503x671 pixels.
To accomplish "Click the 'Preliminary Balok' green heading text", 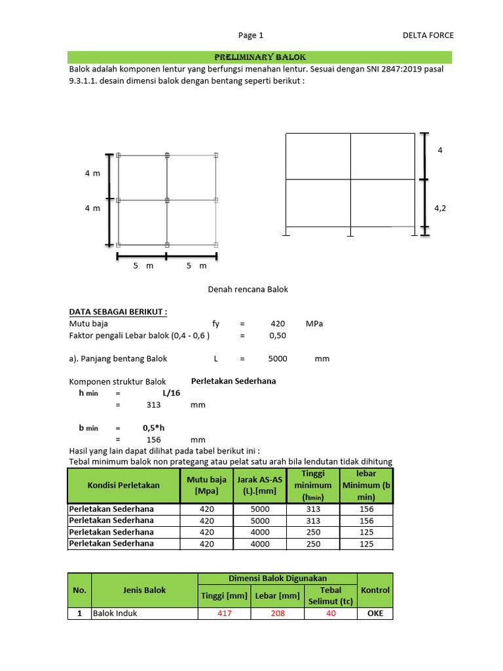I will (x=251, y=57).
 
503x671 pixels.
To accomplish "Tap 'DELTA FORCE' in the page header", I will (x=428, y=35).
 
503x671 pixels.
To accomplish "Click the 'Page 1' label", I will (x=251, y=35).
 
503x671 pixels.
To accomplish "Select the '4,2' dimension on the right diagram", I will (x=440, y=208).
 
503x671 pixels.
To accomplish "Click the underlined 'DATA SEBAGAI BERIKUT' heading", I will (x=118, y=312).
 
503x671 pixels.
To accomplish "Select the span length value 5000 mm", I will (x=279, y=358).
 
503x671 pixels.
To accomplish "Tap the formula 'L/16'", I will (x=172, y=393).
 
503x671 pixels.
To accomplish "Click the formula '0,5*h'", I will (x=154, y=428).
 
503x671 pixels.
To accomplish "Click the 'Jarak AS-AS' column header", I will (x=260, y=486).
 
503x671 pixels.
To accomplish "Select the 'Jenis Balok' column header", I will (x=144, y=590).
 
